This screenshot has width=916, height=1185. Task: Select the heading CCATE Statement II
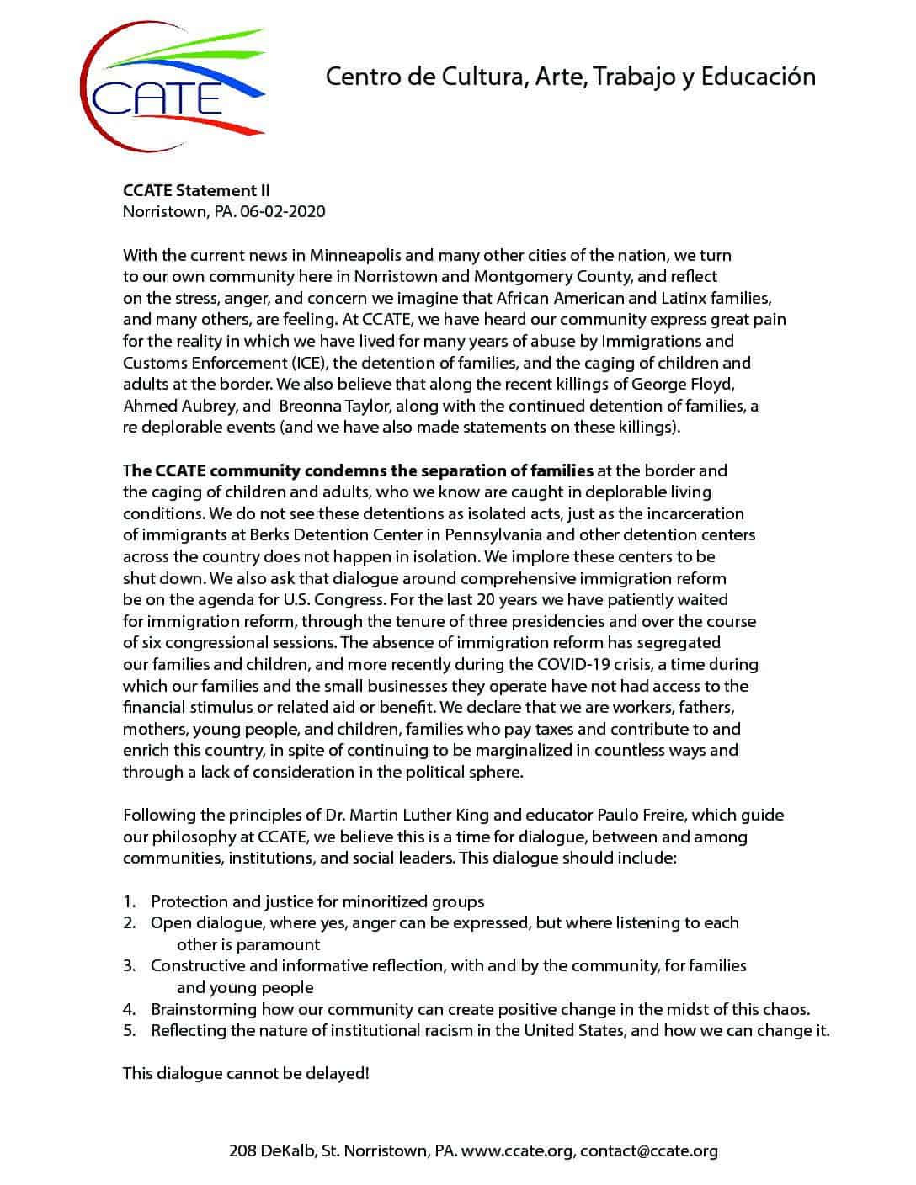196,190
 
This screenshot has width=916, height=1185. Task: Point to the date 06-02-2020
282,211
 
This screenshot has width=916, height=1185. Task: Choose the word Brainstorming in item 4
205,1009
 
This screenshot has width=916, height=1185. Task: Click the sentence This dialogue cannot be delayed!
246,1073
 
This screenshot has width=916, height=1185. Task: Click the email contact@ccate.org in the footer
648,1150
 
